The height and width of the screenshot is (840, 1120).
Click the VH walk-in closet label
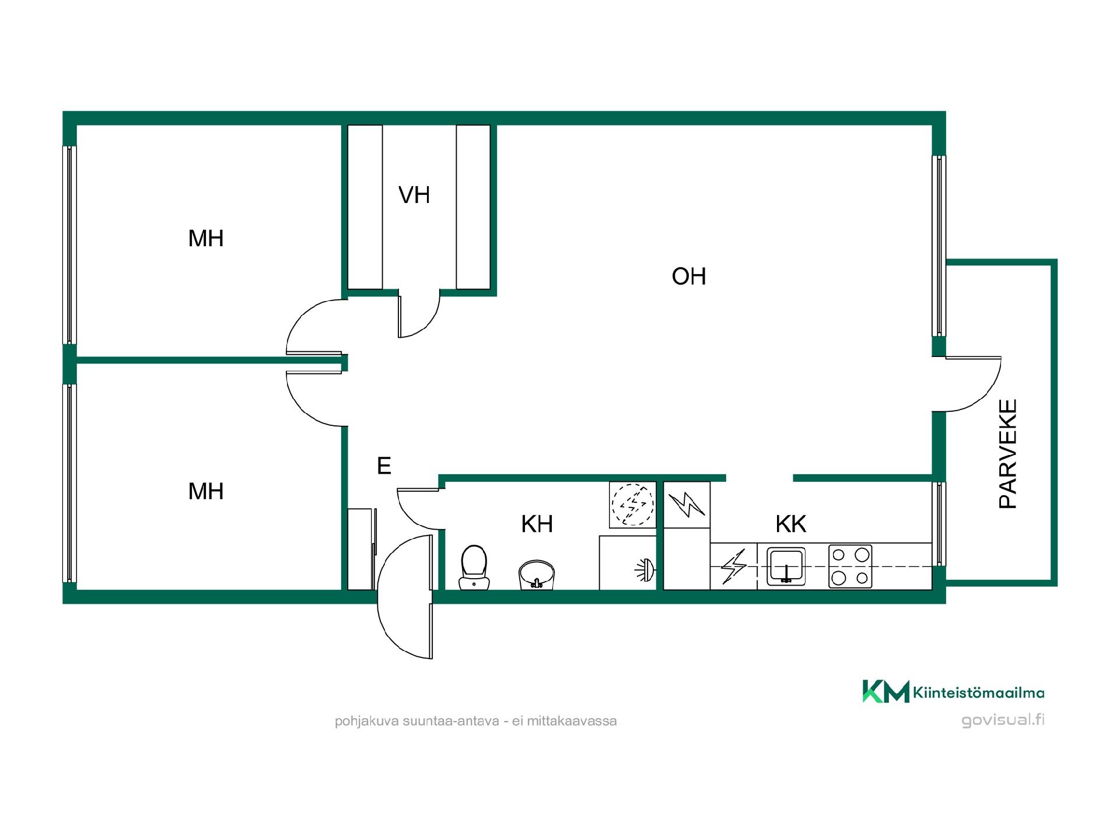414,195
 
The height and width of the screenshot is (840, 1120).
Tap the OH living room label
689,276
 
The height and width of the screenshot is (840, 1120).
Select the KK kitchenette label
791,524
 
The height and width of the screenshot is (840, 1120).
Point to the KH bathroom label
537,524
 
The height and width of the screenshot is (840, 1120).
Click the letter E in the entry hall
384,466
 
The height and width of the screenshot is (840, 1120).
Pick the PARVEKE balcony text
1008,454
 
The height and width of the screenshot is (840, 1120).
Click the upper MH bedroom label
206,238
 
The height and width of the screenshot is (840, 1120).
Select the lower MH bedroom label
206,491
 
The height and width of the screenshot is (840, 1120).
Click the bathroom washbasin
537,575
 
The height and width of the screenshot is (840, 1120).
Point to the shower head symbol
645,570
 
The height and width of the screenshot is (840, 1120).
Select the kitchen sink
786,566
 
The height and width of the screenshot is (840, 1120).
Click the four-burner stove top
850,566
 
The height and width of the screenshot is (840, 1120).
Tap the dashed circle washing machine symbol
632,505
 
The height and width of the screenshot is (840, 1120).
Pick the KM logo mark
885,691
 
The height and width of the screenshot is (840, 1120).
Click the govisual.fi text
1003,720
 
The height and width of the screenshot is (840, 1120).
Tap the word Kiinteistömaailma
978,693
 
